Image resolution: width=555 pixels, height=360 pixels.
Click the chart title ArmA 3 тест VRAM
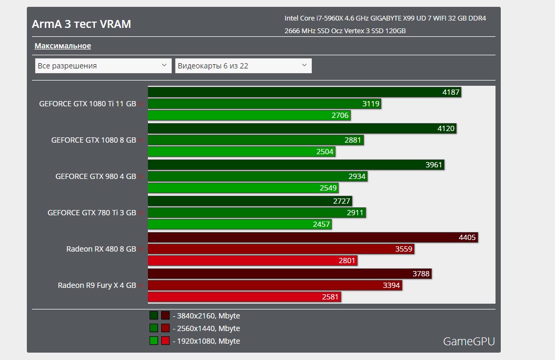(x=82, y=24)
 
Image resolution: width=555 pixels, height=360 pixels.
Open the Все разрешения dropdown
(x=103, y=66)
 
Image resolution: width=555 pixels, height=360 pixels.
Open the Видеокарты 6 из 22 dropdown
(x=243, y=66)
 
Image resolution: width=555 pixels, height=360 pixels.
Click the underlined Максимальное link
(x=63, y=46)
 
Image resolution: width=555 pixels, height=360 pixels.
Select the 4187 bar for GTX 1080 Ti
(x=304, y=92)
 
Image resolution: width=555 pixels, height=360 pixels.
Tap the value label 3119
(x=371, y=104)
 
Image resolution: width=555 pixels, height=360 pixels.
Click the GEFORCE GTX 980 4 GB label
(x=96, y=176)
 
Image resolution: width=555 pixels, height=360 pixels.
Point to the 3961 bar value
(x=434, y=165)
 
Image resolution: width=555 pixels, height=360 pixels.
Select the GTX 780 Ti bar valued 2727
(x=250, y=201)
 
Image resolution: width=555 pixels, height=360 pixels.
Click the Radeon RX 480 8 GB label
(x=101, y=249)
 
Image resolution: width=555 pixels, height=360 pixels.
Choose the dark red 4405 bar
(x=313, y=237)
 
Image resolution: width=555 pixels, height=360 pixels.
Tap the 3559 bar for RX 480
(x=281, y=249)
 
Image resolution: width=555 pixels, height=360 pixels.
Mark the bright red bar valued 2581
(x=244, y=297)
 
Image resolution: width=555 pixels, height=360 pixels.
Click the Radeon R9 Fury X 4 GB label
(x=97, y=285)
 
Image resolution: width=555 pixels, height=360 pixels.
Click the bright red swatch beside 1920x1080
(x=165, y=341)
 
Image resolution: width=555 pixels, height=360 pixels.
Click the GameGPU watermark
(x=469, y=341)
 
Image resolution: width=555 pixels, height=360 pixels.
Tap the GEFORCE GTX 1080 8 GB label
(x=94, y=140)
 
